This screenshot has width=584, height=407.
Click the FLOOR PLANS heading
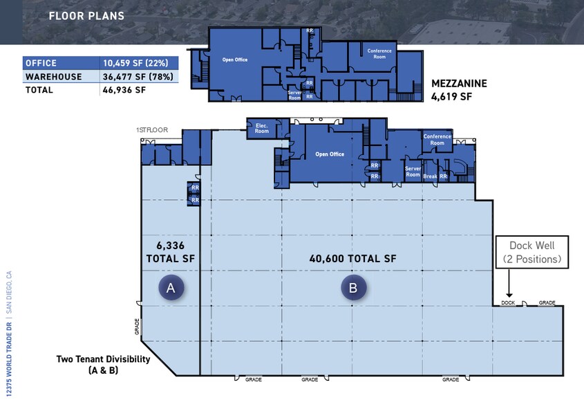pos(86,16)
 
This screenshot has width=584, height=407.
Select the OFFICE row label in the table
pos(41,63)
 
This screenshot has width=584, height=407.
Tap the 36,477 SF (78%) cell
pos(138,76)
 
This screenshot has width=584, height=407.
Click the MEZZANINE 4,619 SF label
pos(459,90)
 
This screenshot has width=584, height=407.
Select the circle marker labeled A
pos(171,288)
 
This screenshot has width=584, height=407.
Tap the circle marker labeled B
pos(353,288)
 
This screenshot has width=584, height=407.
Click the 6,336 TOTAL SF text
pos(170,251)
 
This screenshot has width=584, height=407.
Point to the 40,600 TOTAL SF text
pos(352,258)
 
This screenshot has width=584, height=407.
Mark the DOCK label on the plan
pos(509,302)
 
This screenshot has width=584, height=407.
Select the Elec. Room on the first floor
pos(262,127)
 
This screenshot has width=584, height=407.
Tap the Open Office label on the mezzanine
pos(235,60)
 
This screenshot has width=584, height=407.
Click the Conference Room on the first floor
pos(437,139)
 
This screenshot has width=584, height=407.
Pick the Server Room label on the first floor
pos(413,172)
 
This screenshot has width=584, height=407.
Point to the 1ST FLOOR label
pos(152,129)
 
